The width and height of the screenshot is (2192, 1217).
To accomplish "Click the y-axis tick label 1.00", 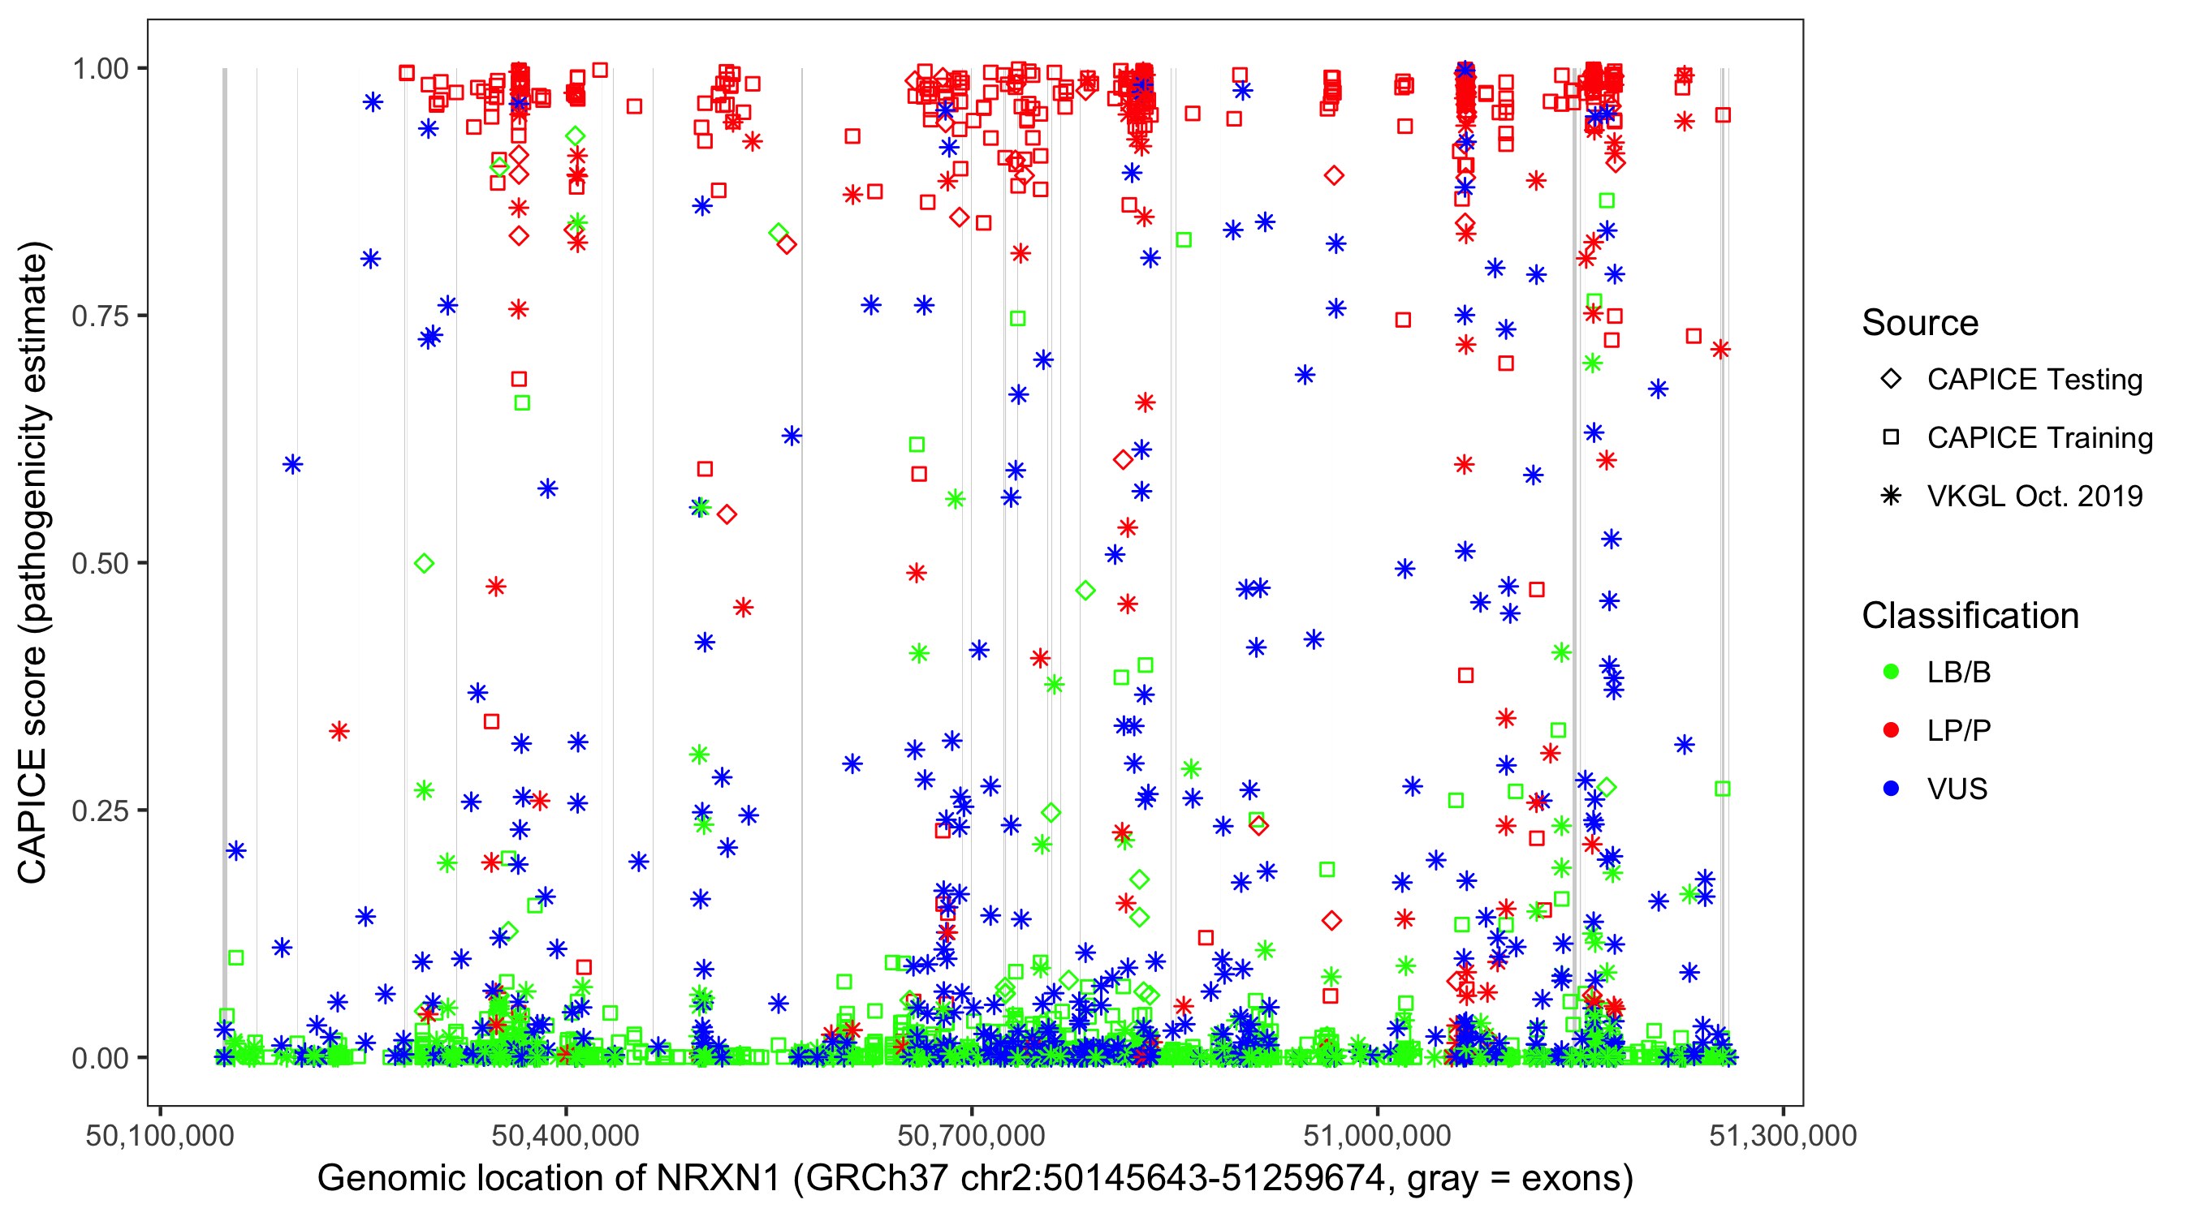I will pyautogui.click(x=100, y=69).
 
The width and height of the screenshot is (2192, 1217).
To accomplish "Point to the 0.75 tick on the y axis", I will pyautogui.click(x=100, y=316).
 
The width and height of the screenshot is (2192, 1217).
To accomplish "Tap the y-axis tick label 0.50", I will pyautogui.click(x=100, y=564).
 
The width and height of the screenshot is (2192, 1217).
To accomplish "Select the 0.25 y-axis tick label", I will pyautogui.click(x=100, y=811).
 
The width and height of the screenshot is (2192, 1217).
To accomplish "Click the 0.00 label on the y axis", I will pyautogui.click(x=100, y=1058).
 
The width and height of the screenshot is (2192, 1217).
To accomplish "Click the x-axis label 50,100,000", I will pyautogui.click(x=160, y=1135).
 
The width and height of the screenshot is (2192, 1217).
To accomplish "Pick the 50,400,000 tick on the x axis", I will pyautogui.click(x=566, y=1135).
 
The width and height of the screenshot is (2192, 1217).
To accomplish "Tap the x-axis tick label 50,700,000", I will pyautogui.click(x=972, y=1135).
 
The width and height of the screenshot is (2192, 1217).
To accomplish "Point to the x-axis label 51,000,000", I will pyautogui.click(x=1378, y=1135).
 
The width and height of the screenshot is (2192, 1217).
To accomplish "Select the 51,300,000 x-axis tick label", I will pyautogui.click(x=1783, y=1135).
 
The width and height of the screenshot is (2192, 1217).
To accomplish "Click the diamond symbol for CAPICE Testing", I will pyautogui.click(x=1891, y=380).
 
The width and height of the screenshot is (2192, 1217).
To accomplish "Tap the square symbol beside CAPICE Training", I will pyautogui.click(x=1891, y=438).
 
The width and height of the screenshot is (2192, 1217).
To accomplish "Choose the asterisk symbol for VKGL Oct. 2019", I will pyautogui.click(x=1891, y=496).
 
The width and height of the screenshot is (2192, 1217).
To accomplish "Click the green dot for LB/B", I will pyautogui.click(x=1891, y=673).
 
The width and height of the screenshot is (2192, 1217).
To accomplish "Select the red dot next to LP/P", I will pyautogui.click(x=1891, y=730).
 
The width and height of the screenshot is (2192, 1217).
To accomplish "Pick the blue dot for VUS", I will pyautogui.click(x=1891, y=789).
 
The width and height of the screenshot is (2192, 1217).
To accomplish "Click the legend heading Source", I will pyautogui.click(x=1920, y=323).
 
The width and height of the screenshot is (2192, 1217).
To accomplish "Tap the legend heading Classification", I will pyautogui.click(x=1970, y=616).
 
